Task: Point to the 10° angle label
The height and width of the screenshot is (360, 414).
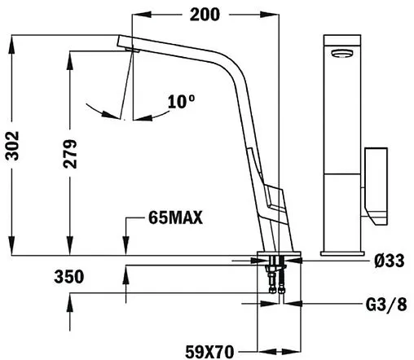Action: tap(180, 102)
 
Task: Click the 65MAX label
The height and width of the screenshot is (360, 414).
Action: tap(175, 217)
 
